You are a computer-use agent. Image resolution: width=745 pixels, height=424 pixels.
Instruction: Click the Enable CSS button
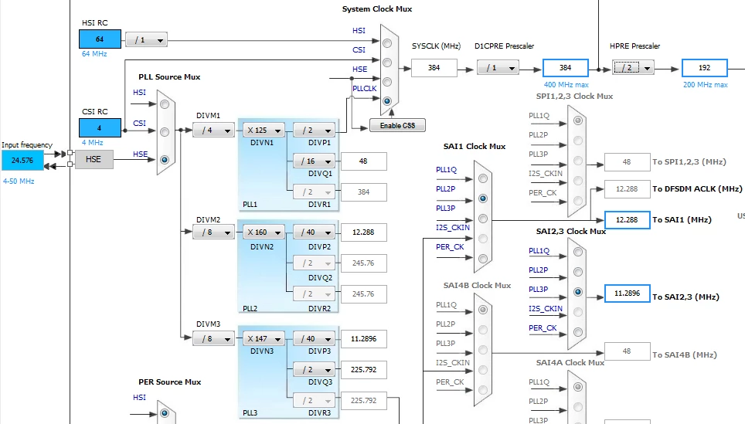click(x=397, y=125)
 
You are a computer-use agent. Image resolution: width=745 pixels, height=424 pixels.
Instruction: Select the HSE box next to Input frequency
click(x=94, y=160)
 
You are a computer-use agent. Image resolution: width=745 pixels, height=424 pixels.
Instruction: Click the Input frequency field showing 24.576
click(x=22, y=161)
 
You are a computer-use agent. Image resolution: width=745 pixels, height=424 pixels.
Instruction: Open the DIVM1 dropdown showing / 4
click(x=213, y=130)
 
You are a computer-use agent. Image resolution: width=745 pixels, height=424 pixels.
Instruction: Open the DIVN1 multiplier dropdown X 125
click(x=264, y=130)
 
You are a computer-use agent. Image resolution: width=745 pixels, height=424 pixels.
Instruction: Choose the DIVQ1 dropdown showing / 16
click(x=314, y=161)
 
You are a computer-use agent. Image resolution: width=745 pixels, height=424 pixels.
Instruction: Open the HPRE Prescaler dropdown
click(x=633, y=68)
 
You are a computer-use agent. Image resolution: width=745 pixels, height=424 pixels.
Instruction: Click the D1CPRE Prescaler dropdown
click(x=498, y=68)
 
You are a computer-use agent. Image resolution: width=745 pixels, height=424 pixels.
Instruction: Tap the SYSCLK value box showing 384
click(x=434, y=68)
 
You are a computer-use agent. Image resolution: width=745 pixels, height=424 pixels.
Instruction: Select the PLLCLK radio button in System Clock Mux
click(x=387, y=101)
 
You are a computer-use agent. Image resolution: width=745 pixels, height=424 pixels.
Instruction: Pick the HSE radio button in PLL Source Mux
click(x=165, y=160)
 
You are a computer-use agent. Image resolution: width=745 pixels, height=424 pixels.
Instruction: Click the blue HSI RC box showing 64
click(x=100, y=39)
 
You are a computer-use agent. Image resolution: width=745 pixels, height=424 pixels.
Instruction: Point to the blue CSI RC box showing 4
click(x=100, y=127)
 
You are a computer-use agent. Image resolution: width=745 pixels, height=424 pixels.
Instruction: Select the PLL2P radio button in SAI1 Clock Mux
click(x=483, y=198)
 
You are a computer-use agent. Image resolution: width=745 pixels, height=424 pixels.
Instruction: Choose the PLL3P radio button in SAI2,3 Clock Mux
click(x=578, y=292)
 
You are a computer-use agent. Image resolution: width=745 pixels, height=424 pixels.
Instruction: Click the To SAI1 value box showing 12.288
click(x=627, y=220)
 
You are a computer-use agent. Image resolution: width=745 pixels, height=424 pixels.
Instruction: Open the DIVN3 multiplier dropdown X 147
click(x=264, y=338)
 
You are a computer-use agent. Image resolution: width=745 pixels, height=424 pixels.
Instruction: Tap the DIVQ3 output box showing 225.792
click(x=363, y=369)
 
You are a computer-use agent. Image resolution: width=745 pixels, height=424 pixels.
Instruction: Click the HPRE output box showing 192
click(x=704, y=68)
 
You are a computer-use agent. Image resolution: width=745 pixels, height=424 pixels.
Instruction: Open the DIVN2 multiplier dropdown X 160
click(x=264, y=232)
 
